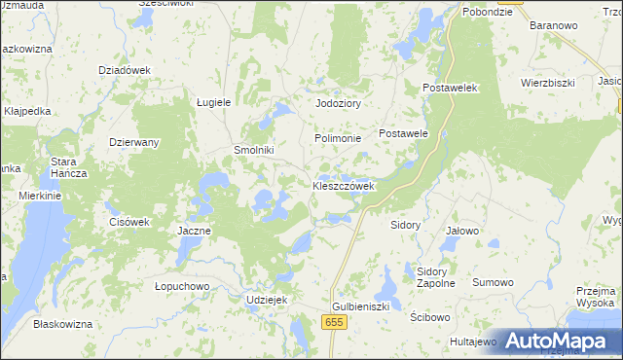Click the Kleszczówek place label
point(343,186)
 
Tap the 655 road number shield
point(336,321)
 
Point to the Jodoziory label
point(338,103)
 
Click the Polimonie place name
point(338,139)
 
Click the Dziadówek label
point(125,70)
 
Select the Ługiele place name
point(213,101)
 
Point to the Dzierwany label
point(134,142)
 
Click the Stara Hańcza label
point(69,166)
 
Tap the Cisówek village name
point(128,221)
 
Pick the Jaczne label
point(195,231)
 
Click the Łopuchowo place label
point(182,286)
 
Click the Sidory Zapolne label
point(435,277)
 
